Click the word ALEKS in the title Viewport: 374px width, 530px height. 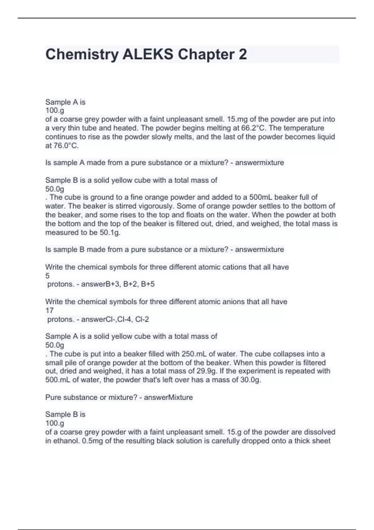(x=148, y=55)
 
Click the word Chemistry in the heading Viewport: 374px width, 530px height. (x=82, y=55)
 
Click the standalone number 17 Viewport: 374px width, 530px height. (x=50, y=311)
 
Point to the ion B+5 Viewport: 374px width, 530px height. (x=148, y=284)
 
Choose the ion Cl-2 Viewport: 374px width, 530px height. (x=142, y=319)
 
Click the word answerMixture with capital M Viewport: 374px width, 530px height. (x=168, y=397)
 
